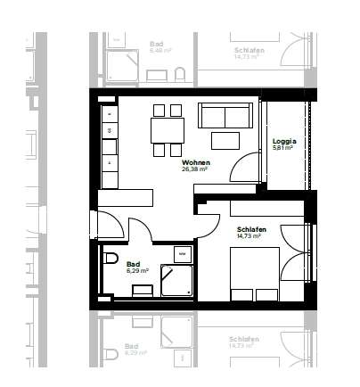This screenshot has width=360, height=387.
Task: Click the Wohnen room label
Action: click(195, 162)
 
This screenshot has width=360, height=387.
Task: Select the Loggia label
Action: click(284, 141)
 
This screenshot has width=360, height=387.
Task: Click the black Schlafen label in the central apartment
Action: click(251, 229)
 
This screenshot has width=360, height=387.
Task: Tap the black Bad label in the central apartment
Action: click(133, 263)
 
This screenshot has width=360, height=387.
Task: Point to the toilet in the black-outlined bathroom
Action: click(110, 259)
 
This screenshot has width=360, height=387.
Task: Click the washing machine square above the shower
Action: click(182, 254)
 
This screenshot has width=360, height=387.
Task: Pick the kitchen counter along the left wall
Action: click(110, 147)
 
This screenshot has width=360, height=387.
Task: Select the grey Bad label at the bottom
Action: click(132, 345)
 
